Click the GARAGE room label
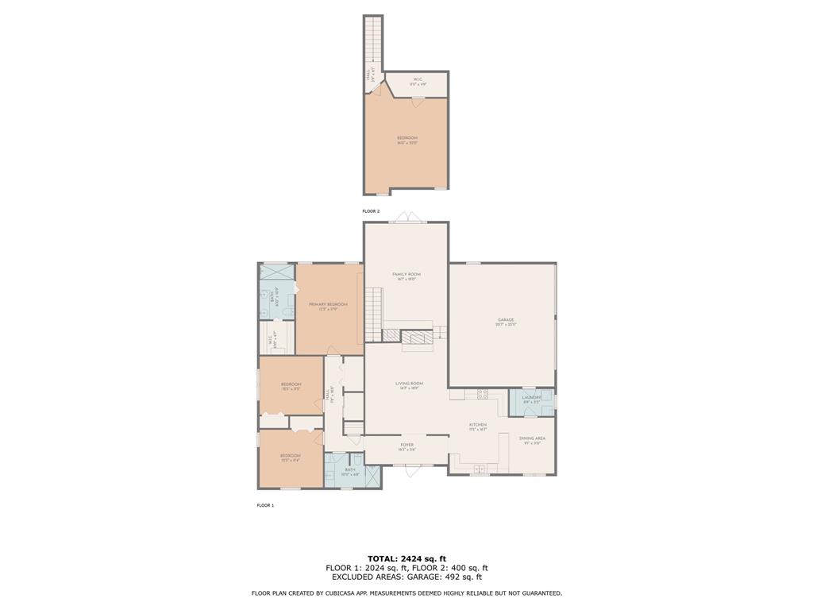506,322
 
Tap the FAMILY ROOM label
406,276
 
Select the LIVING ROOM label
409,385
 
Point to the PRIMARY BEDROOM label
328,306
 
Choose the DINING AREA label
532,440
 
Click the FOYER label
406,446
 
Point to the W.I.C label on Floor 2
417,80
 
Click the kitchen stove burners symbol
482,394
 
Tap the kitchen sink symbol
480,470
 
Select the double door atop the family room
406,218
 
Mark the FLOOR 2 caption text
371,211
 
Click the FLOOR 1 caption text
265,505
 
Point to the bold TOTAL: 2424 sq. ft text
406,558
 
